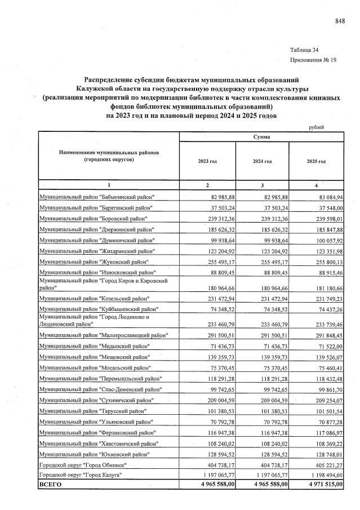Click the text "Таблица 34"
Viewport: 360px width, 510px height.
click(x=304, y=50)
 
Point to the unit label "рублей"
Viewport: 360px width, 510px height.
click(x=317, y=127)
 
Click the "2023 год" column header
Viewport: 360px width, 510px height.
click(x=207, y=161)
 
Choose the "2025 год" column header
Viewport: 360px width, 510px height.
click(x=316, y=161)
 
